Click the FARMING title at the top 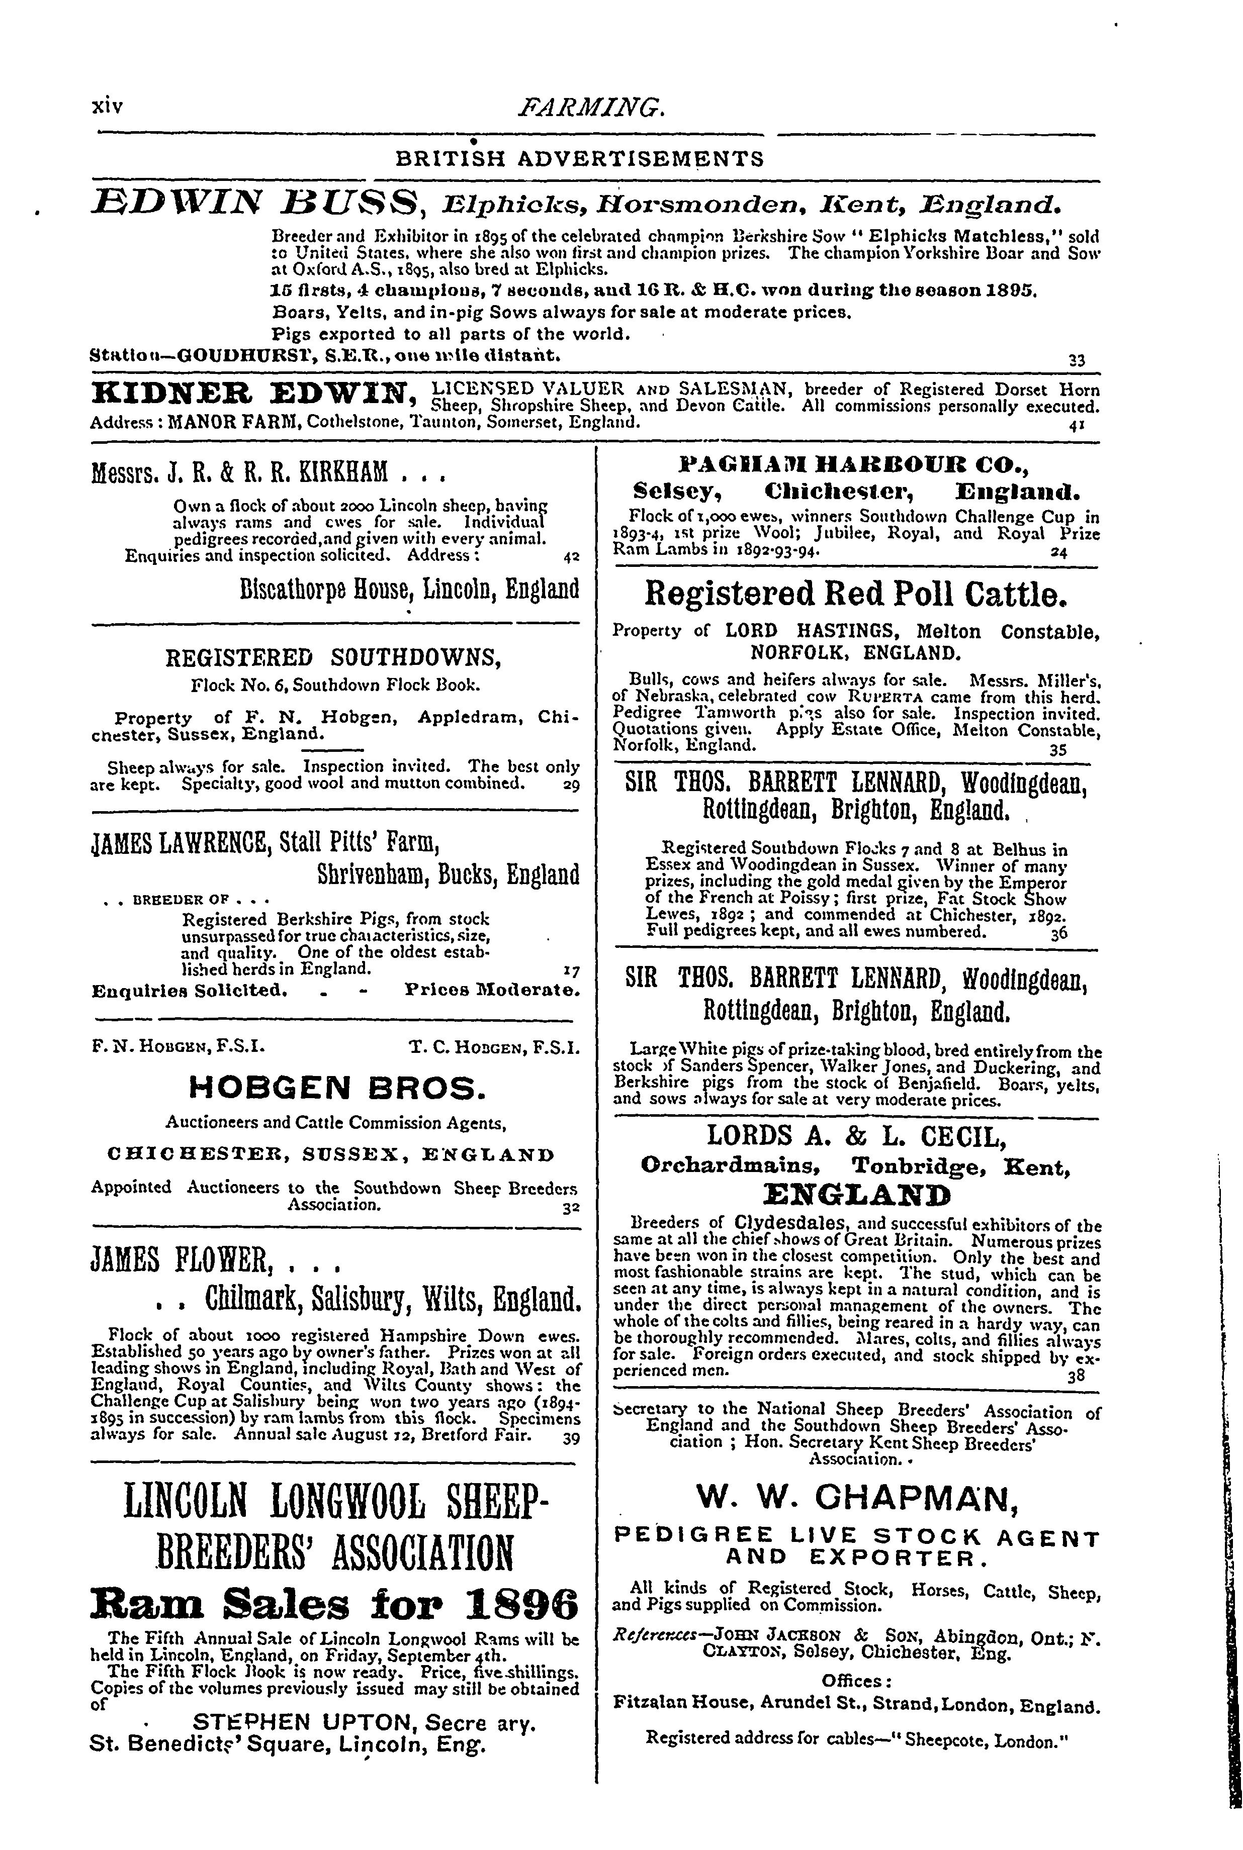pyautogui.click(x=591, y=106)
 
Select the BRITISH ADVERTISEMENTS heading pyautogui.click(x=579, y=159)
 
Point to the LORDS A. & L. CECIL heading pyautogui.click(x=856, y=1136)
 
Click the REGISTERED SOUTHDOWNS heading pyautogui.click(x=336, y=657)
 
